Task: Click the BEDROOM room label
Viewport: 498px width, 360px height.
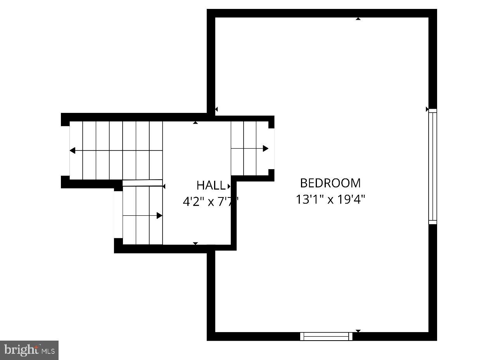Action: coord(330,183)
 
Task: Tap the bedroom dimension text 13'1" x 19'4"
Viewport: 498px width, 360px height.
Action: coord(330,199)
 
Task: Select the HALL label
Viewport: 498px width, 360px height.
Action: coord(211,185)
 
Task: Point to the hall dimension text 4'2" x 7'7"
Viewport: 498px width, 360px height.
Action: coord(210,202)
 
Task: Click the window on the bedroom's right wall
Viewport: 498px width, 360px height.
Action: coord(432,166)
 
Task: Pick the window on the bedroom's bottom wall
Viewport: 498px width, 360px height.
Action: coord(326,336)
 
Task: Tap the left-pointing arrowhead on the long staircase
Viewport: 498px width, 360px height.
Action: coord(73,151)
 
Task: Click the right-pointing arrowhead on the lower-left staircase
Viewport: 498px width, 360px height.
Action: coord(159,216)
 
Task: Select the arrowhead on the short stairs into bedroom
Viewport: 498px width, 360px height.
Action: coord(265,148)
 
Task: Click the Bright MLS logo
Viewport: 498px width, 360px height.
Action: coord(29,350)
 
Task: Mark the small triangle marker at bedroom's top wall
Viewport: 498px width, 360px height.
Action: coord(358,19)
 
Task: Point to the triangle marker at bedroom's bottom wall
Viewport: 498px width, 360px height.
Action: coord(358,331)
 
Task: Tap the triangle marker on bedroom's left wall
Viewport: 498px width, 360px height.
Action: coord(216,109)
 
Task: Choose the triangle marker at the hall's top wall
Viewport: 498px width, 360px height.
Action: coord(195,123)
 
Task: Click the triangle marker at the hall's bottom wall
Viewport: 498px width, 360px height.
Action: coord(195,243)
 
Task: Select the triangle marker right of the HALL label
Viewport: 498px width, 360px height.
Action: coord(229,186)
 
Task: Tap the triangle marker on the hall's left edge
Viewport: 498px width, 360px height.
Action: coord(164,187)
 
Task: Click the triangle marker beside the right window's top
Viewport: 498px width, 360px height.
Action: coord(427,109)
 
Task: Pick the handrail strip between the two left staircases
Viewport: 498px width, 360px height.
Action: coord(142,183)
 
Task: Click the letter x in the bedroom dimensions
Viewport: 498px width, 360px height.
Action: coord(330,200)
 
